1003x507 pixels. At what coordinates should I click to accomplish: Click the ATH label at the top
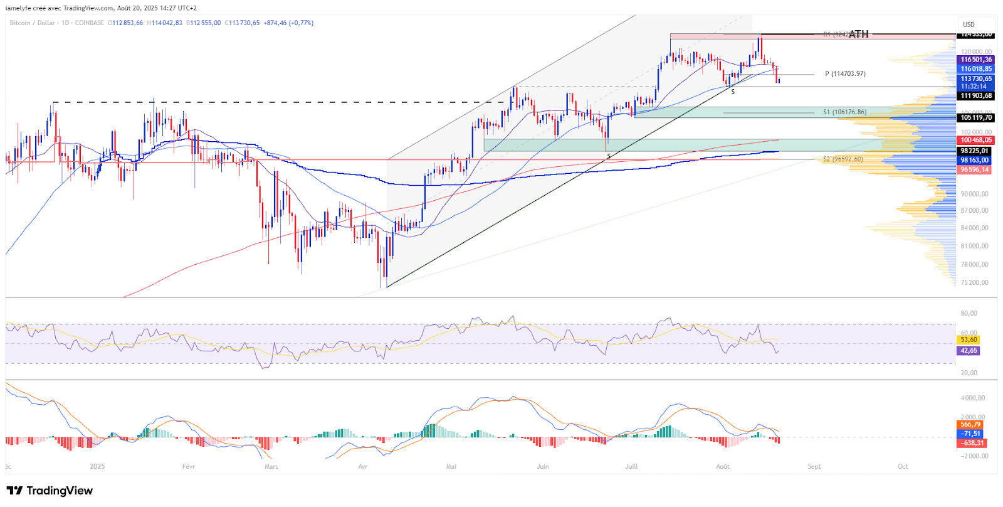[858, 34]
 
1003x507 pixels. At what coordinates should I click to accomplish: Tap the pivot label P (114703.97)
[845, 74]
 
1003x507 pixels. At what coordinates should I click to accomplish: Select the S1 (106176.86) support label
[844, 112]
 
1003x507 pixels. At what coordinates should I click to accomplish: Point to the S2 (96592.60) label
[843, 159]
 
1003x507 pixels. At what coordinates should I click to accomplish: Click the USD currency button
[969, 24]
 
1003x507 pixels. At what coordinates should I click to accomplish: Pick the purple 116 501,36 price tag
[976, 60]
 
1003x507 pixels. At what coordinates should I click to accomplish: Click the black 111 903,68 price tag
[976, 96]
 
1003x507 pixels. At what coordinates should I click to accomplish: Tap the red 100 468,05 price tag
[976, 140]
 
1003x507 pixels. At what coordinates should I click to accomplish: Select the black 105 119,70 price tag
[976, 117]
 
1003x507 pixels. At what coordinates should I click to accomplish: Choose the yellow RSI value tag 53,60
[969, 339]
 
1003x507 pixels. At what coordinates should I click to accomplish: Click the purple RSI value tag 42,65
[969, 351]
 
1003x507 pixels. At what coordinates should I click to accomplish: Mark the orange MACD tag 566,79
[970, 425]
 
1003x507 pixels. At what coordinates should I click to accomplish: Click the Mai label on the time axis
[451, 466]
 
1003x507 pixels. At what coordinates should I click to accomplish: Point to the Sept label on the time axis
[814, 466]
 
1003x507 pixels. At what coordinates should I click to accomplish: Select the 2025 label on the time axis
[97, 466]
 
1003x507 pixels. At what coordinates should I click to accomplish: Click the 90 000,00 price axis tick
[975, 194]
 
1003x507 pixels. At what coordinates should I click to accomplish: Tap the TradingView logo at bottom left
[50, 491]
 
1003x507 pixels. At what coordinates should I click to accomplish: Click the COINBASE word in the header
[89, 23]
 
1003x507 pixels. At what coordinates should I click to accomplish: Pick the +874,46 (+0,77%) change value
[288, 23]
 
